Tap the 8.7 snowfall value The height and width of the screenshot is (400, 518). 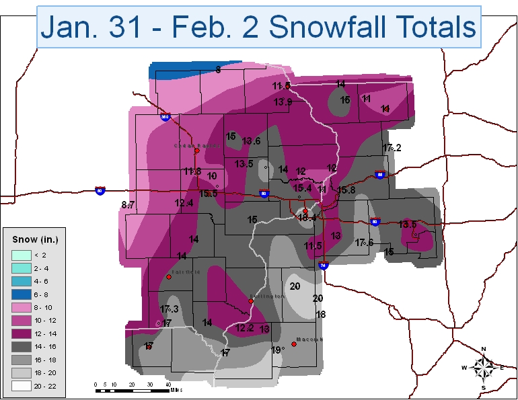pyautogui.click(x=128, y=204)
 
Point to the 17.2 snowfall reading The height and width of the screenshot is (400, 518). pyautogui.click(x=392, y=147)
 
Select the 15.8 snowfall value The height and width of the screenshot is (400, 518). pyautogui.click(x=346, y=190)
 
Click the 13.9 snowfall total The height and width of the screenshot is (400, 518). pyautogui.click(x=283, y=102)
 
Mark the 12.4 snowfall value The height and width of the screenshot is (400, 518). pyautogui.click(x=184, y=203)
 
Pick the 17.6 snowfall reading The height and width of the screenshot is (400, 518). pyautogui.click(x=364, y=243)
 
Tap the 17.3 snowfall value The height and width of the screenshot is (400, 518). pyautogui.click(x=169, y=309)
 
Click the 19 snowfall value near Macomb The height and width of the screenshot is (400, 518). pyautogui.click(x=275, y=350)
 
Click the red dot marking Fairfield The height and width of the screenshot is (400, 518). pyautogui.click(x=168, y=276)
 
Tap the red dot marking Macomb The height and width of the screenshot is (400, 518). pyautogui.click(x=293, y=345)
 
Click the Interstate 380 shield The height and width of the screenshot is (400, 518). pyautogui.click(x=164, y=117)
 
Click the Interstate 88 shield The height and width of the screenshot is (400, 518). pyautogui.click(x=379, y=175)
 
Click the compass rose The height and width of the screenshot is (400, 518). pyautogui.click(x=484, y=368)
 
